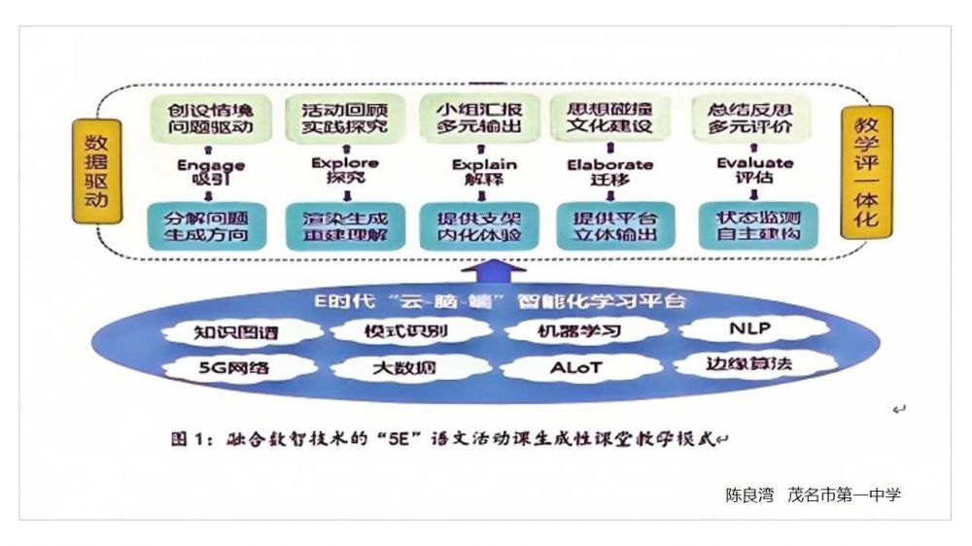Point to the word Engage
(x=208, y=165)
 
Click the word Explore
(x=343, y=162)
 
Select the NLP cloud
(x=749, y=329)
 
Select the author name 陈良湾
(x=749, y=495)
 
